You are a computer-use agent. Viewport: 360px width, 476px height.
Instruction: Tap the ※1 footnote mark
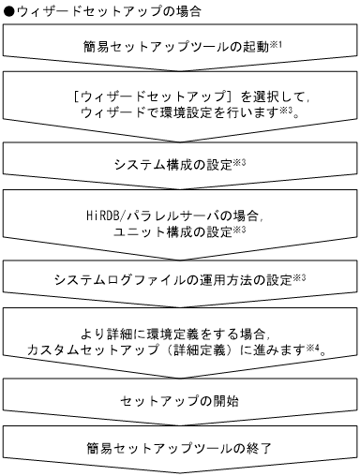click(x=265, y=42)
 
